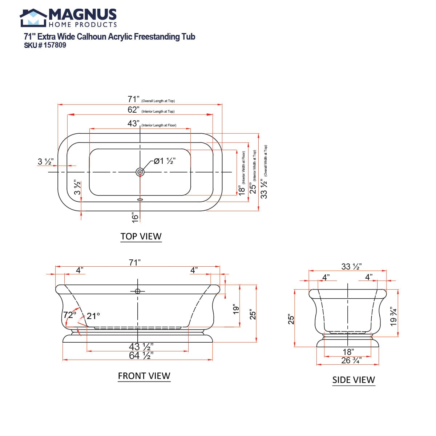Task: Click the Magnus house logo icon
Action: [x=33, y=18]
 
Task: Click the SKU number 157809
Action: [x=54, y=45]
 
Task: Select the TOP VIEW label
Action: [x=141, y=236]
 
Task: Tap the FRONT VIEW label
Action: [x=144, y=376]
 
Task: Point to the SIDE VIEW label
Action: [x=354, y=380]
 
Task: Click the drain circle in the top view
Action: [x=140, y=172]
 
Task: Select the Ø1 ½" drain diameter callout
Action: [x=165, y=161]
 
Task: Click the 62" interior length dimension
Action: [x=133, y=110]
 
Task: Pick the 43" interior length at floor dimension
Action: [x=133, y=124]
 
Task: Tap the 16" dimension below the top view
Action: [x=135, y=217]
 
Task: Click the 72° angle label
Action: [x=70, y=315]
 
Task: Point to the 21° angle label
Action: [x=93, y=316]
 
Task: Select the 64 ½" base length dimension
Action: [x=141, y=356]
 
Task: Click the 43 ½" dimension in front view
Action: [x=141, y=347]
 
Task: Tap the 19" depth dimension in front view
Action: [x=236, y=309]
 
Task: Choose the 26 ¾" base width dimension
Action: [x=351, y=360]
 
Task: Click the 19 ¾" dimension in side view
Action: [x=393, y=317]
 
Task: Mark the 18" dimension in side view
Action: [x=348, y=352]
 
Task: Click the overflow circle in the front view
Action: [x=138, y=291]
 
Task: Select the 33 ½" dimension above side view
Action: [x=351, y=267]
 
